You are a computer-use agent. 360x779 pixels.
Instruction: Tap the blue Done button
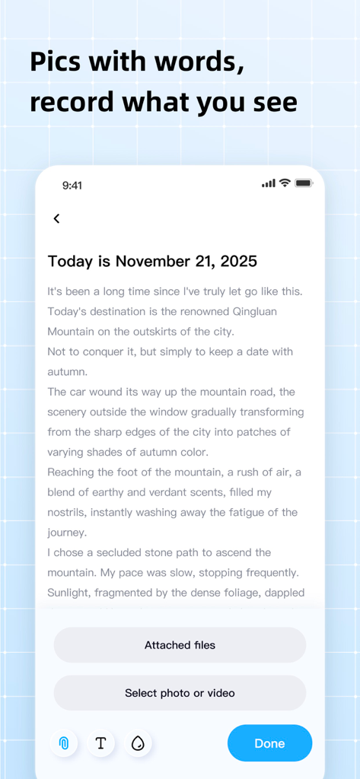pos(269,743)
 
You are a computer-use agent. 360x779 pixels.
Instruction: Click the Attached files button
pos(180,645)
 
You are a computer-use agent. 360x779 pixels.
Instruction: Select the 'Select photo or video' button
pos(180,693)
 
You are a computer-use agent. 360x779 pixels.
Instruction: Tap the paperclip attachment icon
pos(64,743)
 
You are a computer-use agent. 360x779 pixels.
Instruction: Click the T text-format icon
pos(100,743)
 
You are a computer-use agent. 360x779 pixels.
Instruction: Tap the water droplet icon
pos(138,743)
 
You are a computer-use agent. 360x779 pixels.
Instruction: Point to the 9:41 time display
pos(72,185)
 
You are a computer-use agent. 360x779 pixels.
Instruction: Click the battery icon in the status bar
pos(304,183)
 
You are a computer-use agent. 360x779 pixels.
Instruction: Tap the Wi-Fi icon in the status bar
pos(285,183)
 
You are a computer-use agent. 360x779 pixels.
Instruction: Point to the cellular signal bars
pos(268,183)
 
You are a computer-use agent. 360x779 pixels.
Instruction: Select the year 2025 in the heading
pos(239,262)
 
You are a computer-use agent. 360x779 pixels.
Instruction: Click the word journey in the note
pos(67,533)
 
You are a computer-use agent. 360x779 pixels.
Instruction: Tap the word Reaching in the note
pos(72,472)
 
